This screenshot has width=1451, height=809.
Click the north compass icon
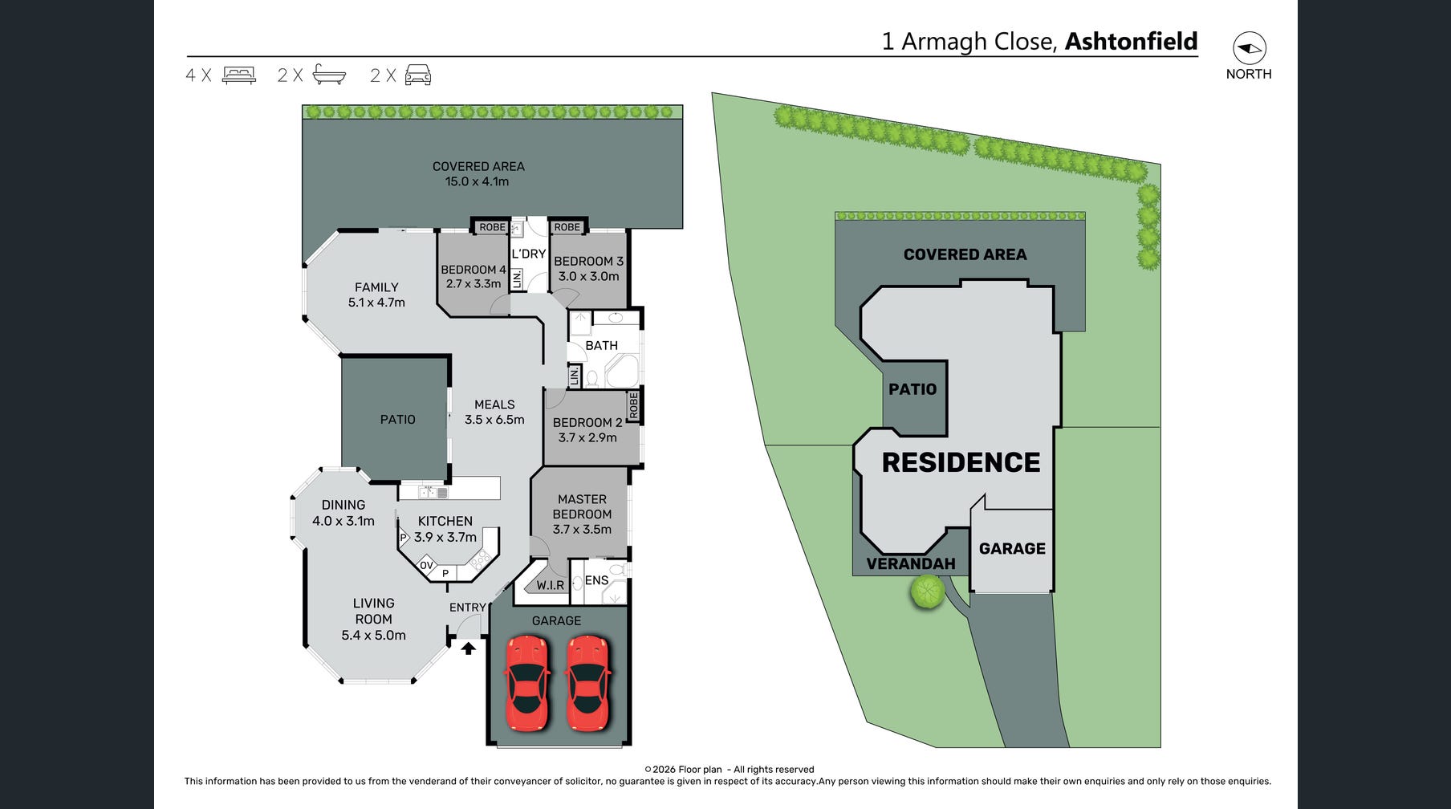pos(1249,48)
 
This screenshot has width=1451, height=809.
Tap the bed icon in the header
pos(238,75)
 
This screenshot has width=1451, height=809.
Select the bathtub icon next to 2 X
pos(329,75)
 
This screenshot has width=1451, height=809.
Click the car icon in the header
pos(417,75)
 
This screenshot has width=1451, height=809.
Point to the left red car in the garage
pos(526,683)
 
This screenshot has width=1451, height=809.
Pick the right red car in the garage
pos(587,683)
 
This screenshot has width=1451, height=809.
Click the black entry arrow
pos(468,647)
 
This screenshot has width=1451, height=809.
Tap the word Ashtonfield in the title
pos(1131,41)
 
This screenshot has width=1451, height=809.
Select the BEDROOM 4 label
pos(474,270)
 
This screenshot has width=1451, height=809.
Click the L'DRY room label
pos(529,254)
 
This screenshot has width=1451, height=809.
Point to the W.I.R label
pos(551,585)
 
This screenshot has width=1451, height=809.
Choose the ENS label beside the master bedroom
pos(596,580)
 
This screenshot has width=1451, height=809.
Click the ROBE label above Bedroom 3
pos(567,227)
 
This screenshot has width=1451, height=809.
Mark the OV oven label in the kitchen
pos(426,565)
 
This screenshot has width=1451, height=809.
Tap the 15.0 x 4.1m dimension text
pos(478,181)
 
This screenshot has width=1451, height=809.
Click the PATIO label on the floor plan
pos(398,420)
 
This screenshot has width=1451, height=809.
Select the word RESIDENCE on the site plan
pos(961,462)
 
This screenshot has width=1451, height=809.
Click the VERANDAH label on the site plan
pos(911,564)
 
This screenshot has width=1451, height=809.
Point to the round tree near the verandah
pos(927,592)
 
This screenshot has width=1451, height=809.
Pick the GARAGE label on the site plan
pos(1012,549)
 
